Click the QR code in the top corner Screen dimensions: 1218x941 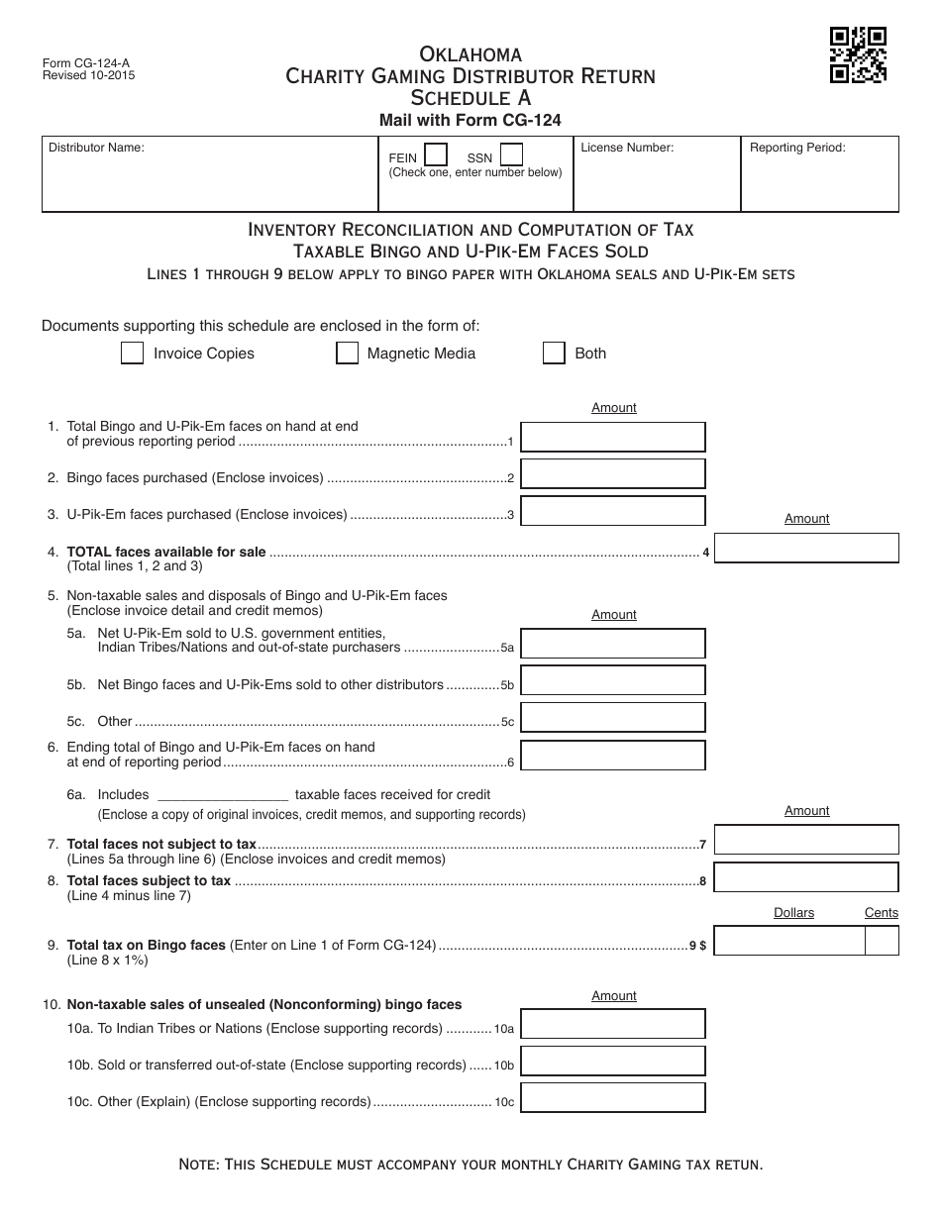[x=858, y=55]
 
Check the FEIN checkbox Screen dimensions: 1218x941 [x=435, y=155]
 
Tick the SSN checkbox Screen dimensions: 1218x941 [x=511, y=155]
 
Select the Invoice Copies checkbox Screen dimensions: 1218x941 [x=132, y=354]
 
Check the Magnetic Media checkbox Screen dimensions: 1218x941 [x=347, y=354]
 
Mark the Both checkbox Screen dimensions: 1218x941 [x=554, y=354]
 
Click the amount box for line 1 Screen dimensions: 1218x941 [x=613, y=437]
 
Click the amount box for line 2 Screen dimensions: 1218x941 [x=613, y=473]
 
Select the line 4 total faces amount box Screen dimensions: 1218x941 [x=806, y=549]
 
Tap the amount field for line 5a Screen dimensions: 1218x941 [x=613, y=644]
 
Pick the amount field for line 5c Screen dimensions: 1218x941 [x=613, y=718]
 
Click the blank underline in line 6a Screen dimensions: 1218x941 [x=223, y=795]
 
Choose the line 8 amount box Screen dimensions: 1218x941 [x=806, y=877]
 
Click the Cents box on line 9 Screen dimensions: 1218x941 [x=882, y=941]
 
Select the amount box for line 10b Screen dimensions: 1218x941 [x=613, y=1061]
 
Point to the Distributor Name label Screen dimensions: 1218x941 [x=97, y=148]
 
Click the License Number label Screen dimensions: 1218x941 [x=627, y=148]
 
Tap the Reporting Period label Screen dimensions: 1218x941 [x=797, y=148]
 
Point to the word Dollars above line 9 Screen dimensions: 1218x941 [x=793, y=913]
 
